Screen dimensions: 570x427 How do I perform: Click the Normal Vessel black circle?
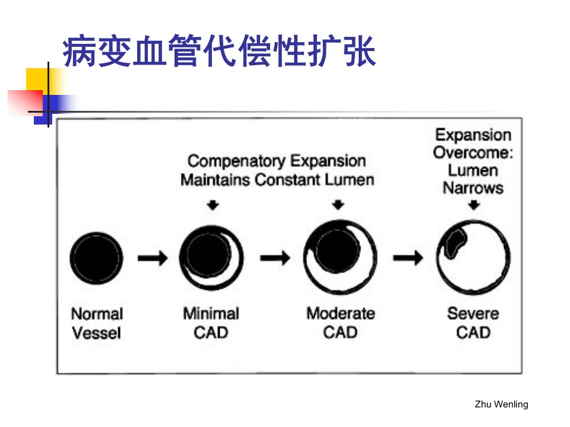tap(96, 258)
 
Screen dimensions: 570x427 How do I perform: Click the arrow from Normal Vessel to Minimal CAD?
tap(153, 258)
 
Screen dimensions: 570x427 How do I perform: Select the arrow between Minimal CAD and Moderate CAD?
tap(275, 258)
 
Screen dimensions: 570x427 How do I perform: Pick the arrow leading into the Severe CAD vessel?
tap(408, 258)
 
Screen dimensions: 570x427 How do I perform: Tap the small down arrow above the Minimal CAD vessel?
tap(213, 205)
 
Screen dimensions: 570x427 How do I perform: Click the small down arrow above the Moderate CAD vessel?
tap(338, 205)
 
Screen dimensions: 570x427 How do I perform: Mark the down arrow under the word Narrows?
tap(474, 205)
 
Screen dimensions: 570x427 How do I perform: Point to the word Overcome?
tap(471, 153)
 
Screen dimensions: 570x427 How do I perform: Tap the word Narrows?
tap(473, 188)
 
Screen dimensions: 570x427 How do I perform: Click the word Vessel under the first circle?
tap(96, 333)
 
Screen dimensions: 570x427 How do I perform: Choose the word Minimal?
tap(211, 314)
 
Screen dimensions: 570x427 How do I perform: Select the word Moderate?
tap(341, 314)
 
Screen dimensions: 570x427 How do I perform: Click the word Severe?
tap(473, 314)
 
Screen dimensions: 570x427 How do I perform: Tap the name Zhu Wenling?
tap(501, 404)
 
